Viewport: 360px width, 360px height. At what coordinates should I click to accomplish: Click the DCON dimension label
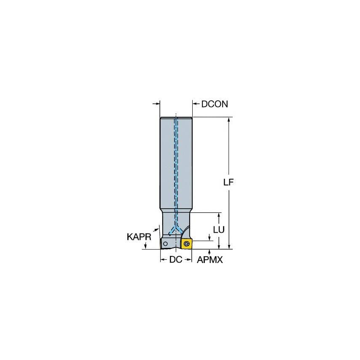215,104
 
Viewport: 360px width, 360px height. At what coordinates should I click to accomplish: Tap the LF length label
228,183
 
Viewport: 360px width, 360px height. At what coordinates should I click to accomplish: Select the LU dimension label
218,229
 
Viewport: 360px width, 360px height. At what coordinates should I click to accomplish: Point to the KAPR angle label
139,237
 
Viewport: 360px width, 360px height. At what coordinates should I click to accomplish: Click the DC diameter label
175,260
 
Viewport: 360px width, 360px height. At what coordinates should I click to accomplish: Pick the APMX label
210,260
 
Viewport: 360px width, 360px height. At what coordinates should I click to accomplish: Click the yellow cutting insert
187,243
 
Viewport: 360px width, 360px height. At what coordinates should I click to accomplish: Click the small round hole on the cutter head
166,244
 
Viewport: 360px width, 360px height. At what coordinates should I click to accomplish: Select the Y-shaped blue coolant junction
176,230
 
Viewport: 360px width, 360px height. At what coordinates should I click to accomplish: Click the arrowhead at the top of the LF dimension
229,120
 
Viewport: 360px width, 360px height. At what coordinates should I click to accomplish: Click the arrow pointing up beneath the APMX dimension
210,252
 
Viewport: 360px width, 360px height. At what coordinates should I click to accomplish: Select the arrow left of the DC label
164,260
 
